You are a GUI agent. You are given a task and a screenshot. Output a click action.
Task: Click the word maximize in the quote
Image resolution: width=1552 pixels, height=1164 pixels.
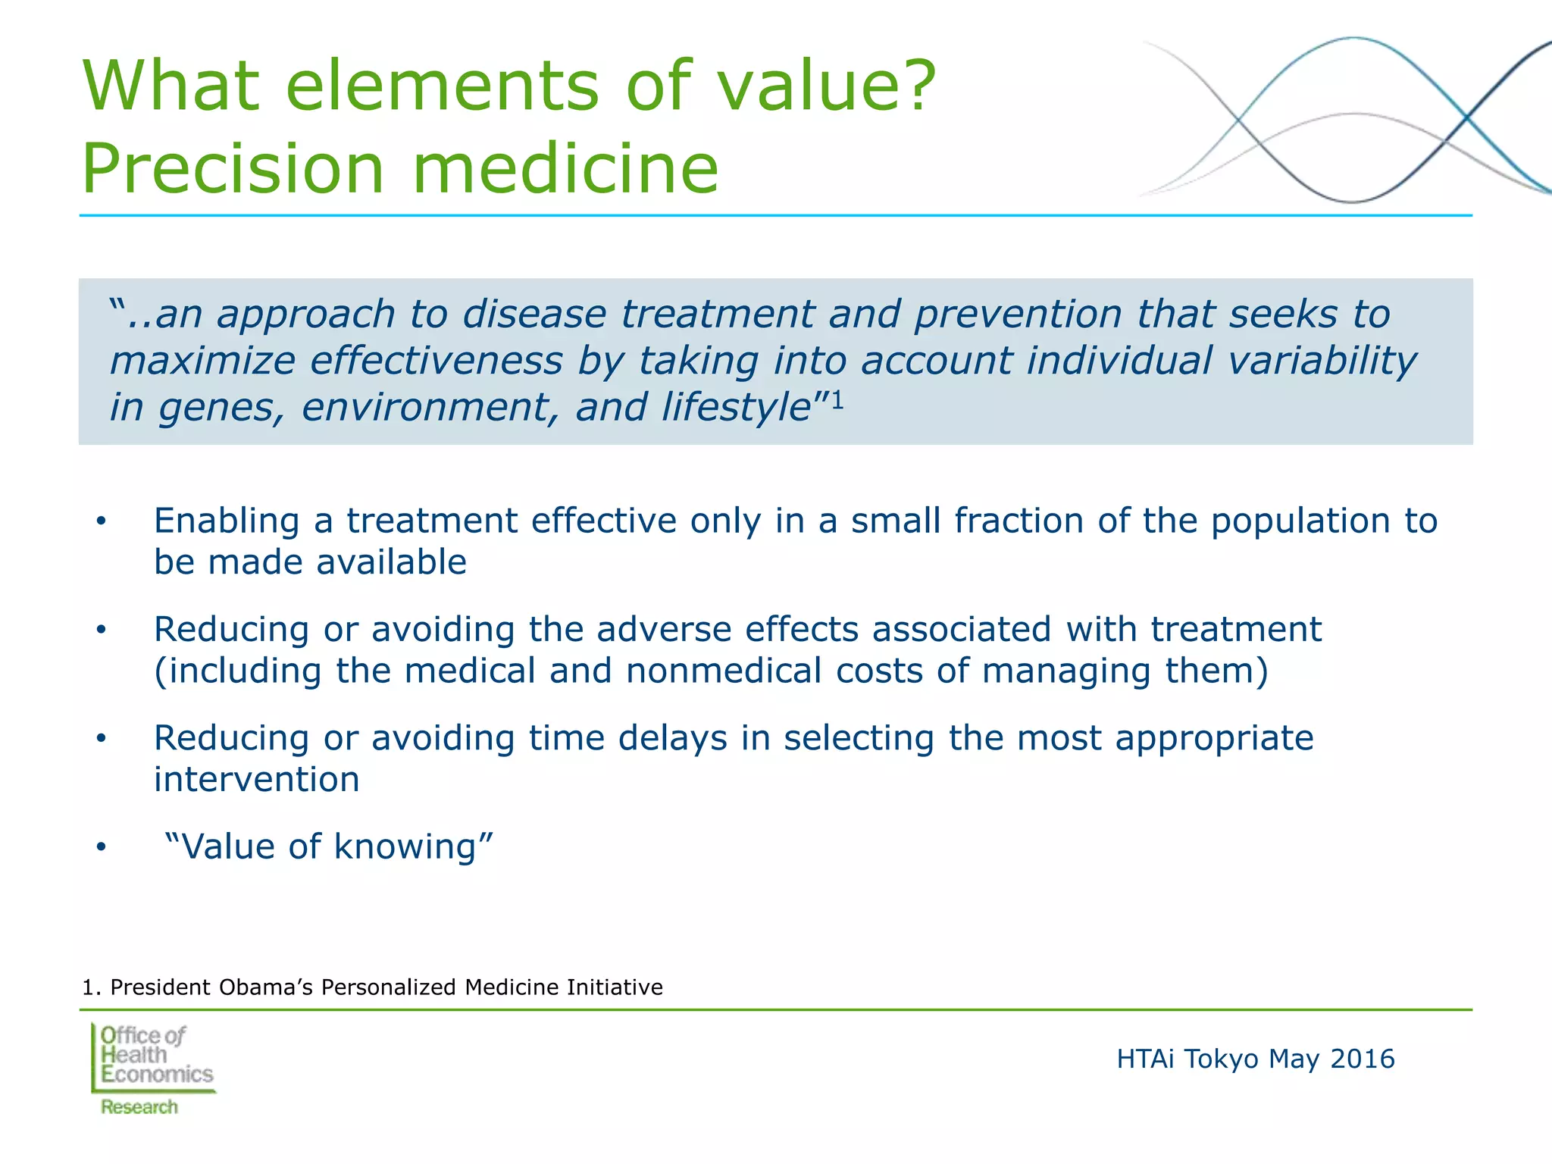pos(202,361)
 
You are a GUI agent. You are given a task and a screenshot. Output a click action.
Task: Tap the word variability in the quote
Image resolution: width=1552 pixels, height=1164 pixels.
pos(1322,361)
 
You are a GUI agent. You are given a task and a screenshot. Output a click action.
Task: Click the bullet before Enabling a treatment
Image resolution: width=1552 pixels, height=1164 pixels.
pos(101,522)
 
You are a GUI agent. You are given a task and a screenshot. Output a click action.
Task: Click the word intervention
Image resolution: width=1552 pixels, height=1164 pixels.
pos(256,780)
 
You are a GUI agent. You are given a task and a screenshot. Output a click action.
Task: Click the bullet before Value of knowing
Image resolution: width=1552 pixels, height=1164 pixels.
pos(101,847)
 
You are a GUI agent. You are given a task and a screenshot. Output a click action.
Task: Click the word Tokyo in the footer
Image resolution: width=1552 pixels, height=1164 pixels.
pos(1221,1059)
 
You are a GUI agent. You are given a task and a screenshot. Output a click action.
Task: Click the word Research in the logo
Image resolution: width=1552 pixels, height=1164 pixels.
pos(139,1107)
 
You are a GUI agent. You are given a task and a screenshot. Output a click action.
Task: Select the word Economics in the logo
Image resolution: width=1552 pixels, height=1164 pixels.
pos(158,1075)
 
